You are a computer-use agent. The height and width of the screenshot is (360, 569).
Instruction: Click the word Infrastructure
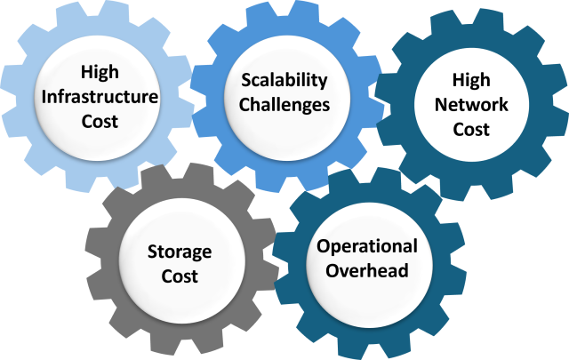100,97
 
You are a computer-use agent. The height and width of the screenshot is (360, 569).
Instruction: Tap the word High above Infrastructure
100,72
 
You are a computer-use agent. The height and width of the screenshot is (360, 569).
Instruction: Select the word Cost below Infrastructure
100,121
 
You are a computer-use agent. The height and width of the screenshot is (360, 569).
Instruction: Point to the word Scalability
284,81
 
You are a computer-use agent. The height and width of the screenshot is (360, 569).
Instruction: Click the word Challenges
284,105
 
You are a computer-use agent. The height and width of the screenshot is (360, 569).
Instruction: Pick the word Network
471,105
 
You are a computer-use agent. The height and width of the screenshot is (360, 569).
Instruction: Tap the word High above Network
471,80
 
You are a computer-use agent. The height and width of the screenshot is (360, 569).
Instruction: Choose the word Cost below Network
471,129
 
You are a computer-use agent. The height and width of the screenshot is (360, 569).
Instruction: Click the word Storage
180,252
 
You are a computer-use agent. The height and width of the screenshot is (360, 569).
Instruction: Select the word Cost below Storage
180,276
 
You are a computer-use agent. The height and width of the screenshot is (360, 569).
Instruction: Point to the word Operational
367,247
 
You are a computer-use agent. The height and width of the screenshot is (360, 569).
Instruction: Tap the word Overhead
367,271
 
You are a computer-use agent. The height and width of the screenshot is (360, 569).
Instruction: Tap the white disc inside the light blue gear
97,97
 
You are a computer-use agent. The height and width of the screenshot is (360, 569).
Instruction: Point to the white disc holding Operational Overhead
370,265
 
